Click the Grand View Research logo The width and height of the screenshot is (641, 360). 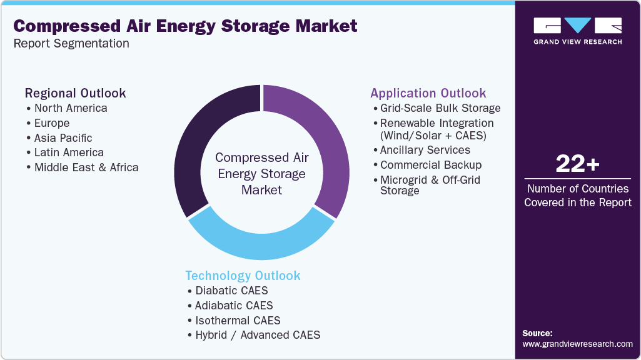coord(577,31)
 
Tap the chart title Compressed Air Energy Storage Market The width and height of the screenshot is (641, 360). coord(186,26)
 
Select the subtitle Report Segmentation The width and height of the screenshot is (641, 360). coord(71,44)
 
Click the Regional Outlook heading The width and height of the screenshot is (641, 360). coord(75,93)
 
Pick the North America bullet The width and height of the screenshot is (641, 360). coord(70,108)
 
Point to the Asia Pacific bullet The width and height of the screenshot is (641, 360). coord(63,137)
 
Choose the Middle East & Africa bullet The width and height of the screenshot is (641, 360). coord(86,167)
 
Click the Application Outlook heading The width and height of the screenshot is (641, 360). coord(428,93)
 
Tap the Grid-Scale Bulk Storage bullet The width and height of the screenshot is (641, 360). coord(440,108)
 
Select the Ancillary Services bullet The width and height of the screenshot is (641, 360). coord(425,150)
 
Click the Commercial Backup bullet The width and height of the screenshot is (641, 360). coord(430,165)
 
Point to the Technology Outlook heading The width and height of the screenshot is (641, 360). coord(243,276)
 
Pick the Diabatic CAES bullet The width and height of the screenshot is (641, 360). coord(231,291)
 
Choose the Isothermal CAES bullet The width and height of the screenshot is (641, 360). coord(237,320)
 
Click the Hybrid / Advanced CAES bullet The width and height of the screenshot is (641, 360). coord(257,335)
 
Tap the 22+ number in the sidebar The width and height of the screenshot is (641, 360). coord(577,164)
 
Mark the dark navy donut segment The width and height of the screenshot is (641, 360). coord(200,144)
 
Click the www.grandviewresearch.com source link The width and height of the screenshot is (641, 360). coord(577,344)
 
